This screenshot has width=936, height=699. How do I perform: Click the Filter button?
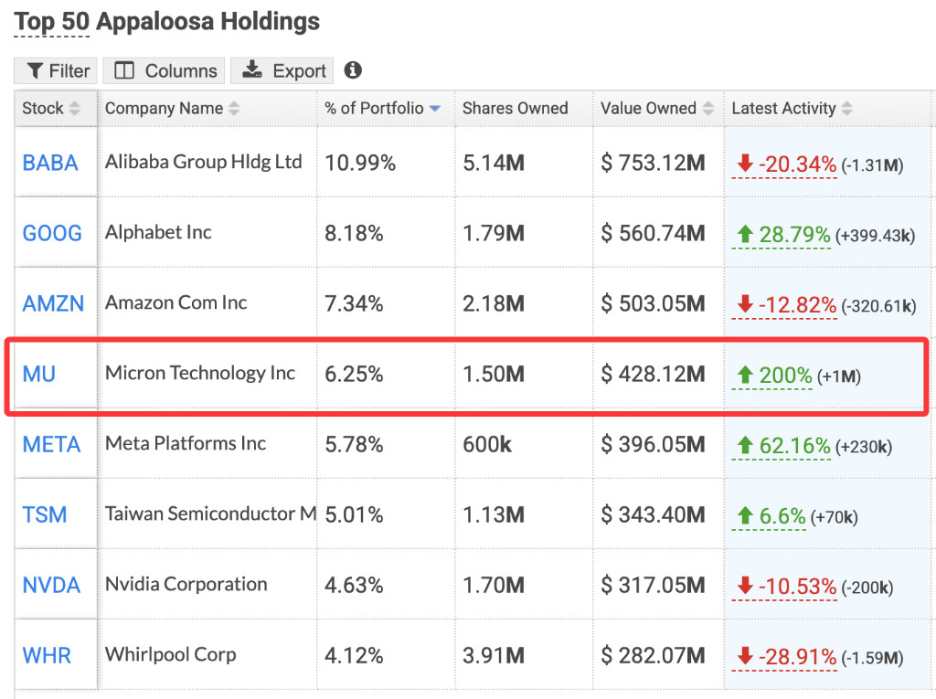pyautogui.click(x=58, y=71)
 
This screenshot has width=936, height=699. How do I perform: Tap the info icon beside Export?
pyautogui.click(x=353, y=70)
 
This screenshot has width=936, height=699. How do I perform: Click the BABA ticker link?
pyautogui.click(x=50, y=164)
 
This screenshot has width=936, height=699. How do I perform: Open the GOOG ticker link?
pyautogui.click(x=52, y=233)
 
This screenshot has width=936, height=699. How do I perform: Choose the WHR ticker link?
pyautogui.click(x=47, y=655)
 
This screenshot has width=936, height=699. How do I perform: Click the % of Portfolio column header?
pyautogui.click(x=375, y=109)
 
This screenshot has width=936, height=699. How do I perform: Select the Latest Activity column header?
pyautogui.click(x=784, y=109)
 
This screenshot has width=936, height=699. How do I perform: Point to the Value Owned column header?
pyautogui.click(x=649, y=109)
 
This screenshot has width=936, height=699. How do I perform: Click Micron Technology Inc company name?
pyautogui.click(x=200, y=373)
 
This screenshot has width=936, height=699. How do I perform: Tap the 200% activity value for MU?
pyautogui.click(x=785, y=375)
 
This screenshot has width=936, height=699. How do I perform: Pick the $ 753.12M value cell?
pyautogui.click(x=654, y=164)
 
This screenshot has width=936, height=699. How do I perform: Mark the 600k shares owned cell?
pyautogui.click(x=487, y=445)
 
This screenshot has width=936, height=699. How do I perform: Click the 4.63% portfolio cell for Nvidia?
pyautogui.click(x=354, y=585)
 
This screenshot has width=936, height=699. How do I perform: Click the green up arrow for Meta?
pyautogui.click(x=744, y=446)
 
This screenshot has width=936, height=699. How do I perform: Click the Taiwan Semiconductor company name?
pyautogui.click(x=211, y=514)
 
